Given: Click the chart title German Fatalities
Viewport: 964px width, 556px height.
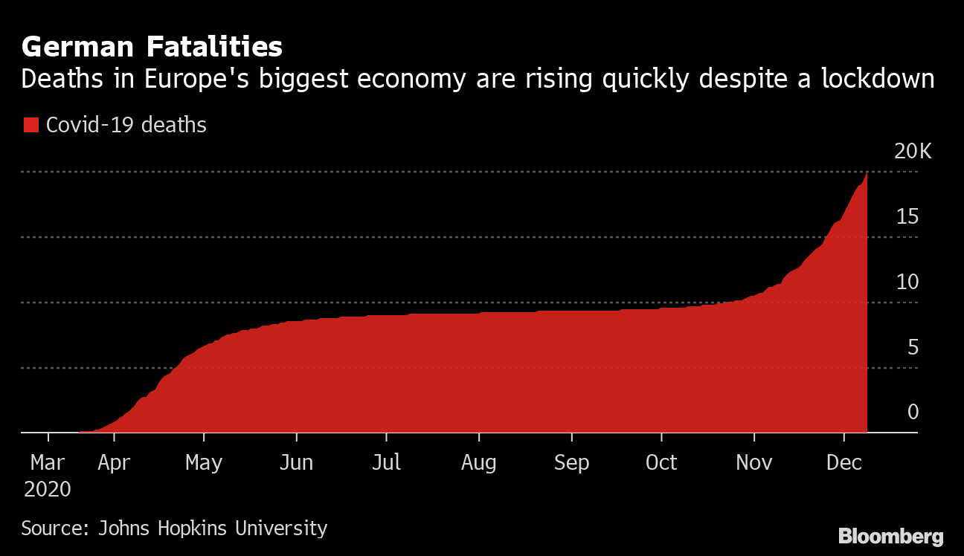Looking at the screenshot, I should coord(152,48).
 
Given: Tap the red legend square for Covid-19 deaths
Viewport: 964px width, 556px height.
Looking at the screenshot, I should coord(30,125).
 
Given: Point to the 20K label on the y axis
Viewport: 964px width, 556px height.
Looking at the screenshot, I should coord(912,152).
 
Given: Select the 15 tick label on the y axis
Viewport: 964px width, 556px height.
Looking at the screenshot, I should coord(907,217).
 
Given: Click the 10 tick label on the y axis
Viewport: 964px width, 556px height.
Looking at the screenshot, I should coord(907,282).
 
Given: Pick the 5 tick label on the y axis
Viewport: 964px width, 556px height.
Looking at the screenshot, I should coord(913,347).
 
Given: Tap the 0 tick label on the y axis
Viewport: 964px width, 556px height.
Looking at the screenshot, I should coord(913,413).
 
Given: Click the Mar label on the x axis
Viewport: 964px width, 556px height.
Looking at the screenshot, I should coord(48,463).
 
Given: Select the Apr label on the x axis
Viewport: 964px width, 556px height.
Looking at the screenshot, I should coord(114,463).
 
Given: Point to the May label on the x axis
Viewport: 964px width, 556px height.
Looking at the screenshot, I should coord(204,463).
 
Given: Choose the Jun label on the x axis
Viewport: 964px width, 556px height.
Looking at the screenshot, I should coord(295,463).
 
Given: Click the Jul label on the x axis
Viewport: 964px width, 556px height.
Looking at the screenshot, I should coord(386,463).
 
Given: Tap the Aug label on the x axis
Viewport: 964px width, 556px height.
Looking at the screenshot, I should coord(478,463).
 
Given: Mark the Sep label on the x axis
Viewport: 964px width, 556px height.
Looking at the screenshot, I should coord(571,463).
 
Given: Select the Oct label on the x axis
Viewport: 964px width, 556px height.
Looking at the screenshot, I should coord(661,463).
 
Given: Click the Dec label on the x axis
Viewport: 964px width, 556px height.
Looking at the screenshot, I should coord(844,463).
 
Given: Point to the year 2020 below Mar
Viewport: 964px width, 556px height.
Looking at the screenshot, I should coord(48,490).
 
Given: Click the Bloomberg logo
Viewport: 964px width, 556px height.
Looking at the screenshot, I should coord(890,537).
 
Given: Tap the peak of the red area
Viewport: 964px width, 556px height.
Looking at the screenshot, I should coord(866,174).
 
